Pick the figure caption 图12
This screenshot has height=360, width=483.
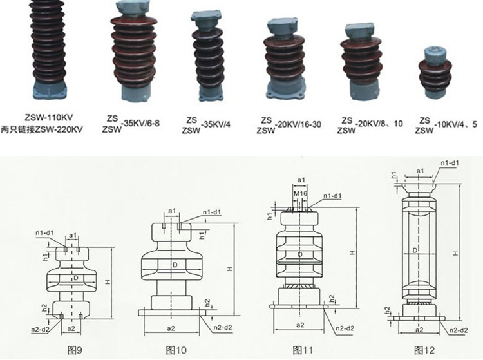coord(424,350)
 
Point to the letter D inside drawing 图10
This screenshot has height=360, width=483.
coord(174,265)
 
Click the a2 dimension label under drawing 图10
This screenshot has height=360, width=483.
coord(171,328)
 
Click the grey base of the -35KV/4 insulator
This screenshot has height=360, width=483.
coord(214,93)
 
